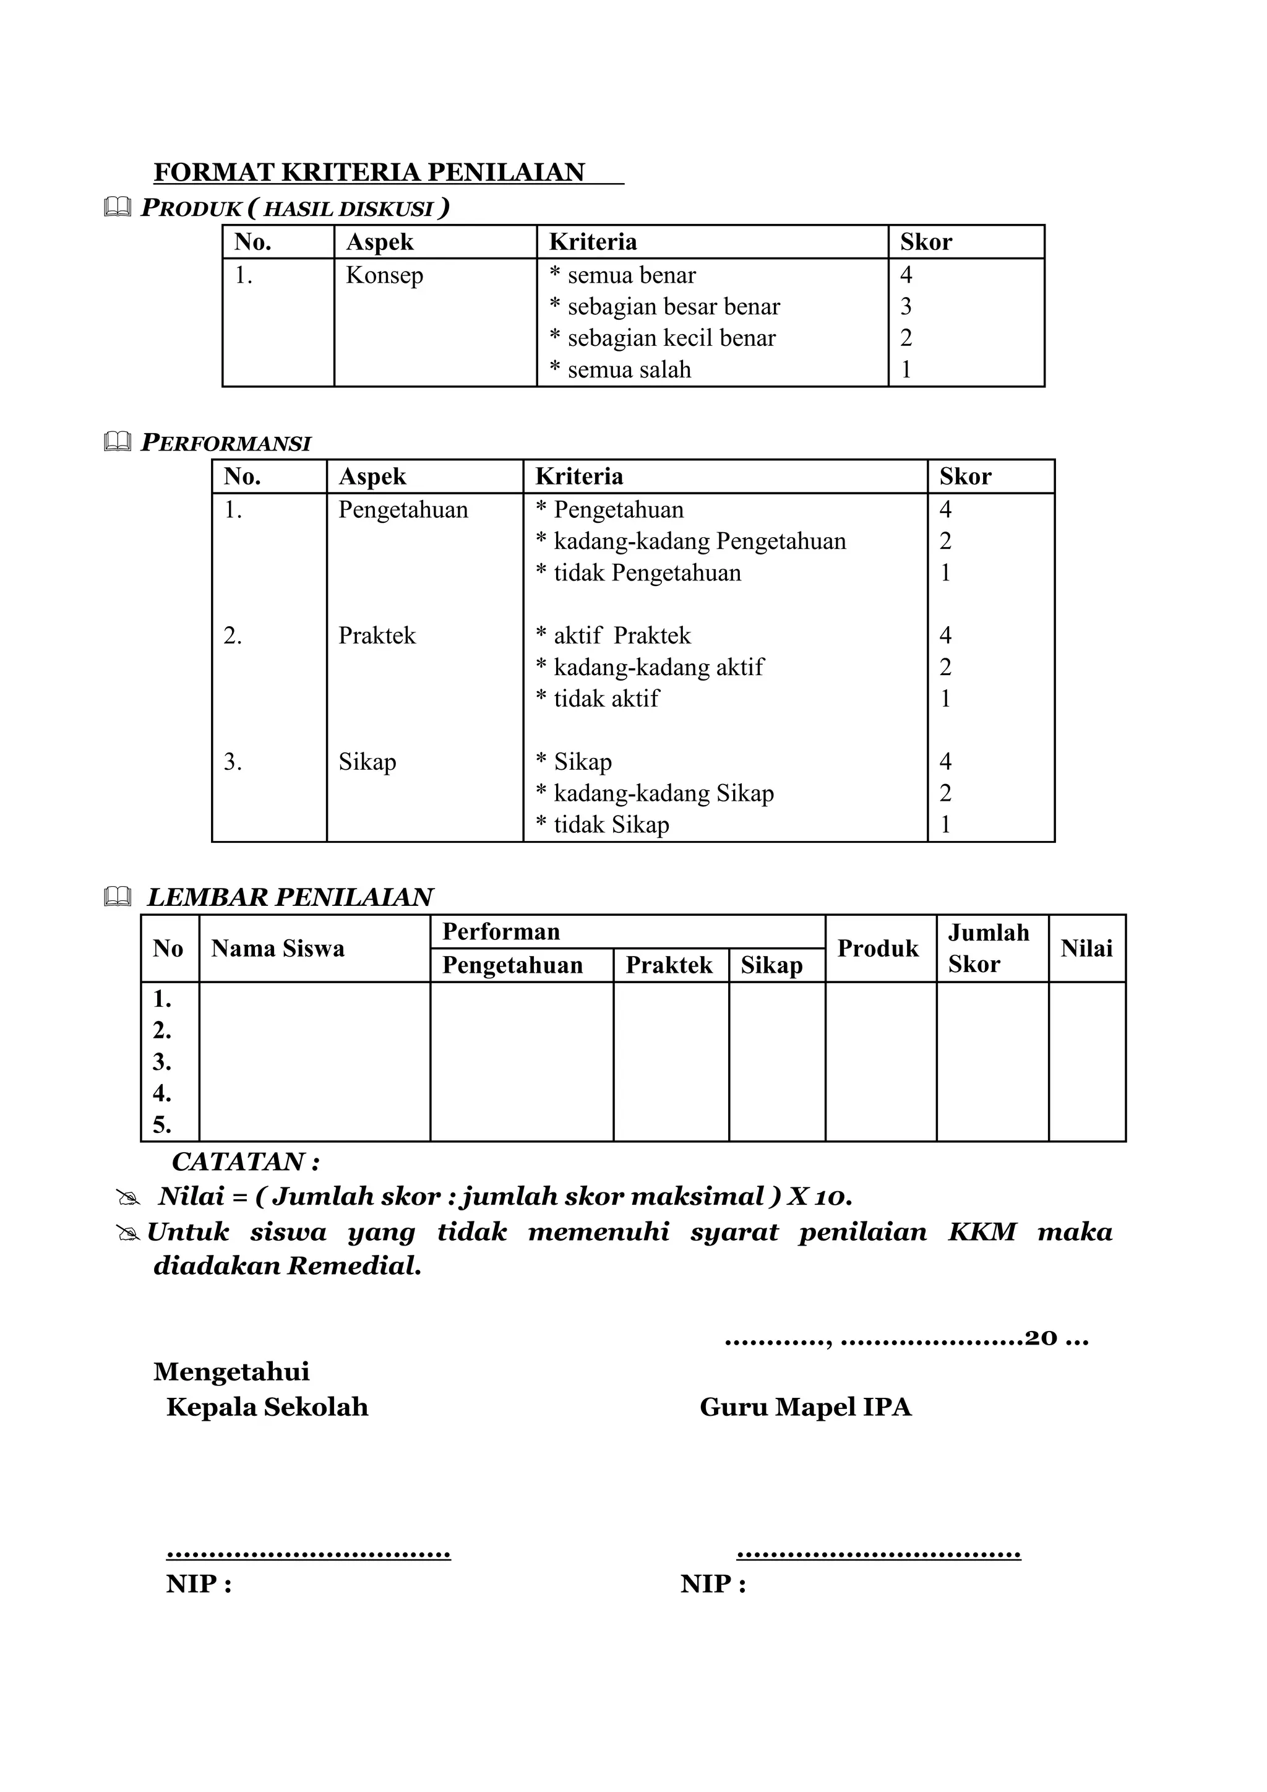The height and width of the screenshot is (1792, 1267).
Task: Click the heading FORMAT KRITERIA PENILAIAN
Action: coord(369,173)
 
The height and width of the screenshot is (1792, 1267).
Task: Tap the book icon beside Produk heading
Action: coord(117,208)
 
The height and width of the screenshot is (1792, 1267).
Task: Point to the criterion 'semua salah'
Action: coord(621,370)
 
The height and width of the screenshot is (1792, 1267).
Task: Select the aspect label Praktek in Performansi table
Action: coord(377,636)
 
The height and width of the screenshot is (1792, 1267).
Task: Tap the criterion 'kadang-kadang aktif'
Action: coord(650,667)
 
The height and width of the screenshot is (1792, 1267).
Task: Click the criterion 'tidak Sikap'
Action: coord(603,825)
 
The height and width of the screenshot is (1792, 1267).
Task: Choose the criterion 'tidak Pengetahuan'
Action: coord(638,573)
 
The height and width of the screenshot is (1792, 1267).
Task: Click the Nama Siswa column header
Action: coord(278,949)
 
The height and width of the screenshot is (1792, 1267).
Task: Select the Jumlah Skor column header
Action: coord(988,949)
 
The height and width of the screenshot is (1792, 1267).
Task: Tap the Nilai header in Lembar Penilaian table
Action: coord(1086,949)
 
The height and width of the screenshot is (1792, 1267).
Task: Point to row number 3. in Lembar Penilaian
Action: coord(162,1062)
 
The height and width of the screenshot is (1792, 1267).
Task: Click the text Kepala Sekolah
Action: coord(267,1406)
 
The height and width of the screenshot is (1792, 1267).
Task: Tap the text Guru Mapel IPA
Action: coord(805,1406)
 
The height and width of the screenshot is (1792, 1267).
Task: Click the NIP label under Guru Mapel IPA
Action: coord(712,1583)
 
